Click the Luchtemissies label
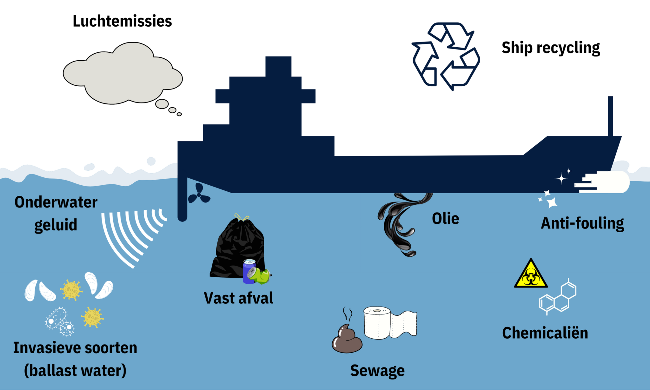click(x=122, y=21)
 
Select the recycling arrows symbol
click(x=446, y=56)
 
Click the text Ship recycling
click(x=551, y=48)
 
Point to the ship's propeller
click(x=199, y=194)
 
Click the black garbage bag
click(x=236, y=248)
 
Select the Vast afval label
click(x=238, y=298)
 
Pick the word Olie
click(x=445, y=219)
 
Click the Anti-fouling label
click(x=582, y=223)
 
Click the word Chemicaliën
click(x=545, y=333)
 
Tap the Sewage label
click(x=377, y=370)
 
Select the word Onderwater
click(x=56, y=202)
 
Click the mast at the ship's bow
click(x=610, y=116)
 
